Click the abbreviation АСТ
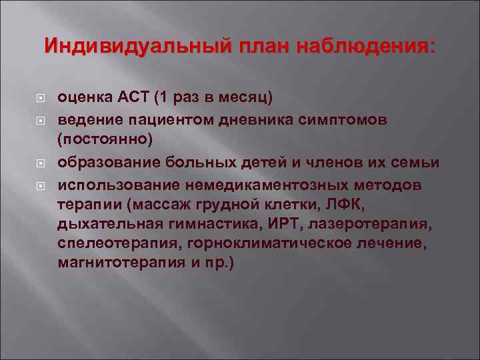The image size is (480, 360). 135,97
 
